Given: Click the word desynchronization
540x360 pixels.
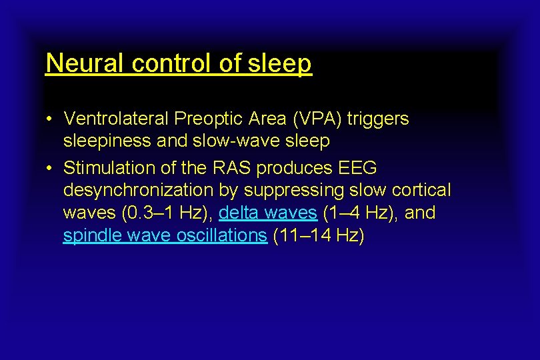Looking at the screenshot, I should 139,190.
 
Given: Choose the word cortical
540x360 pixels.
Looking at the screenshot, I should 421,190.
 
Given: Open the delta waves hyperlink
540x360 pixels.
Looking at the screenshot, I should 268,213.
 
